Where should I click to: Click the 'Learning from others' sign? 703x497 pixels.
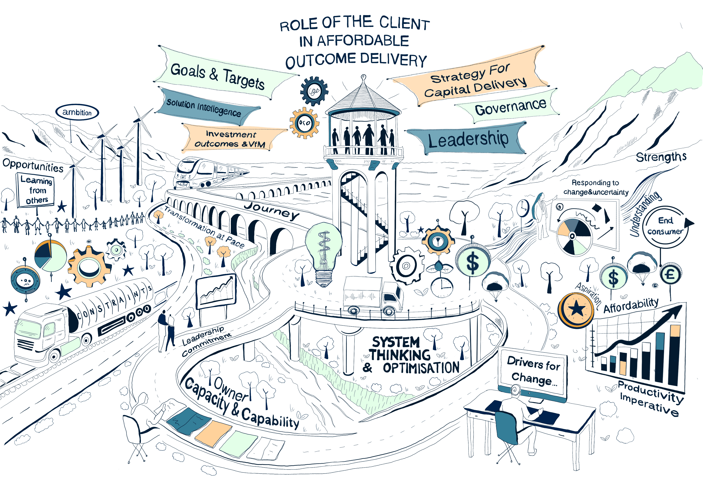36,190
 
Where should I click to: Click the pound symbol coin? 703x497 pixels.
670,274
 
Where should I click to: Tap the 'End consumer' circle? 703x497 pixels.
665,226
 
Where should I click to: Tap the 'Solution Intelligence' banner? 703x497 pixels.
204,107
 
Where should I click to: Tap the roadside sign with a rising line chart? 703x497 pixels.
216,291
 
